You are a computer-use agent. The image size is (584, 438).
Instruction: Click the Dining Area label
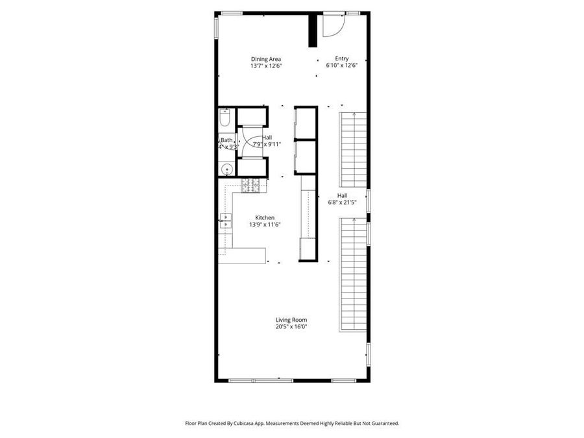pyautogui.click(x=266, y=59)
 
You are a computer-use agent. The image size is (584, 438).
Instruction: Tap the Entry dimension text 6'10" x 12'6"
pyautogui.click(x=342, y=66)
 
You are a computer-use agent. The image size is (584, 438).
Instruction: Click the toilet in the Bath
pyautogui.click(x=225, y=119)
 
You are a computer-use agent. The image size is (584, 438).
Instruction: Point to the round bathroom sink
pyautogui.click(x=225, y=169)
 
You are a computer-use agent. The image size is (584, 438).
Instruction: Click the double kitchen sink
pyautogui.click(x=225, y=221)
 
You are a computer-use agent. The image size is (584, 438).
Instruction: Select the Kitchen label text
pyautogui.click(x=265, y=218)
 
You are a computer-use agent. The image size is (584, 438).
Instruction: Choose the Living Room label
pyautogui.click(x=291, y=320)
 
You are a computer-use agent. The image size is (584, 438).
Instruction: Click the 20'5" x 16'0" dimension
pyautogui.click(x=291, y=326)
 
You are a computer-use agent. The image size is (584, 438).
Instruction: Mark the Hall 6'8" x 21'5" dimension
pyautogui.click(x=343, y=202)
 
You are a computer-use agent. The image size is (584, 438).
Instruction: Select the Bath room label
pyautogui.click(x=226, y=140)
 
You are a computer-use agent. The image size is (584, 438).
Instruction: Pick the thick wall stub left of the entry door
pyautogui.click(x=312, y=30)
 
